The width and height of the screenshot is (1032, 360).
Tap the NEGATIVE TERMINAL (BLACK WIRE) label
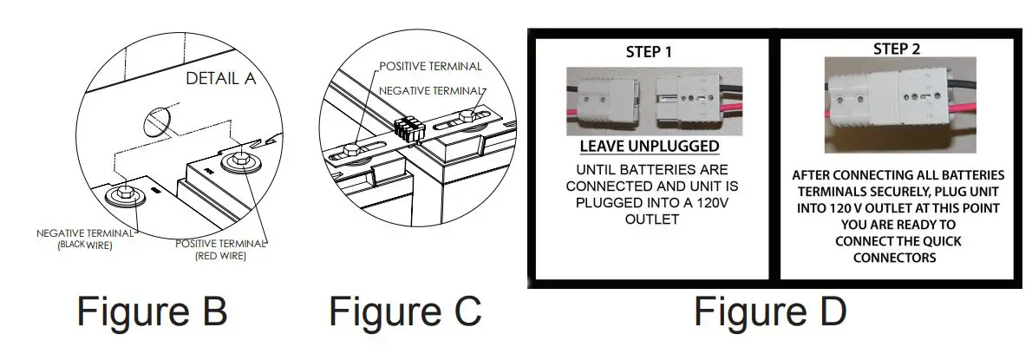tap(85, 239)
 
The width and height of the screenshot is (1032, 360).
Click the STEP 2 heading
tap(897, 49)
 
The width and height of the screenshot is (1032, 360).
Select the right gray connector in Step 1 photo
tap(690, 96)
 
